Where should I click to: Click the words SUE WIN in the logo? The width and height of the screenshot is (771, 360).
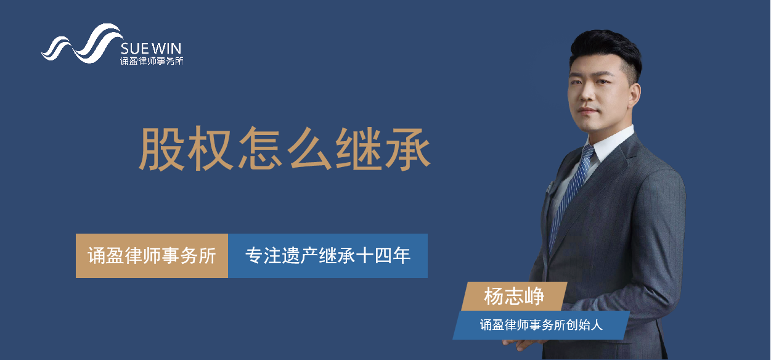pos(151,49)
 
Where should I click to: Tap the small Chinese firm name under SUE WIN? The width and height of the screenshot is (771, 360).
pos(152,61)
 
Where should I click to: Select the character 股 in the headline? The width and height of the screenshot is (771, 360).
pos(161,149)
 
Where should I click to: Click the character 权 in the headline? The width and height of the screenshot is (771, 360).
pos(210,149)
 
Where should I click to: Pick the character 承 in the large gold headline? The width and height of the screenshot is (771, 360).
pos(408,149)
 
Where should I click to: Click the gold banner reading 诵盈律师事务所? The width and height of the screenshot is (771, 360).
pos(152,256)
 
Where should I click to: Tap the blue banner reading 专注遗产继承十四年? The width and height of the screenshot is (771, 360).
pos(328,256)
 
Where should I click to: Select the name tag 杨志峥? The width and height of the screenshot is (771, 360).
pos(514,297)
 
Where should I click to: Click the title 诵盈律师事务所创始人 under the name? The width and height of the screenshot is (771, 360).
pos(541,325)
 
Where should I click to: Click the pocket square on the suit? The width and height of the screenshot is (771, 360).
pos(549,187)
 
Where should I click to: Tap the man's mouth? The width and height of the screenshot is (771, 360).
pos(588,111)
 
